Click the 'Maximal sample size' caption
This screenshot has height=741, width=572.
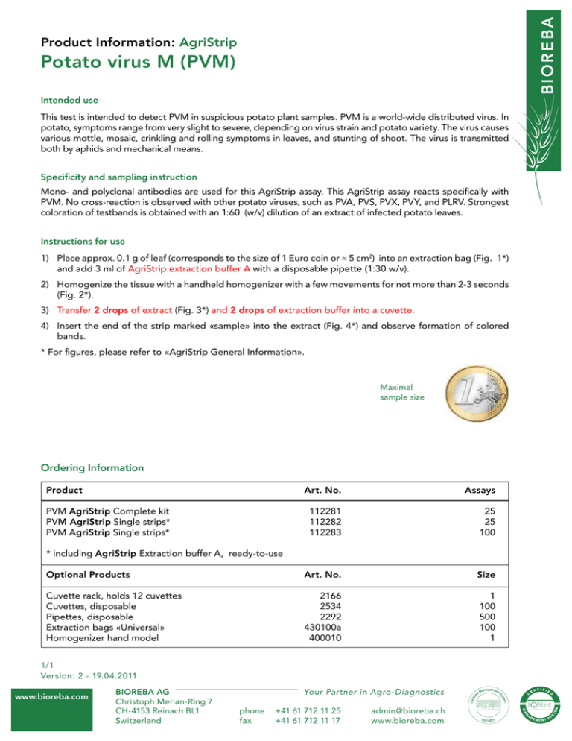(x=402, y=392)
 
